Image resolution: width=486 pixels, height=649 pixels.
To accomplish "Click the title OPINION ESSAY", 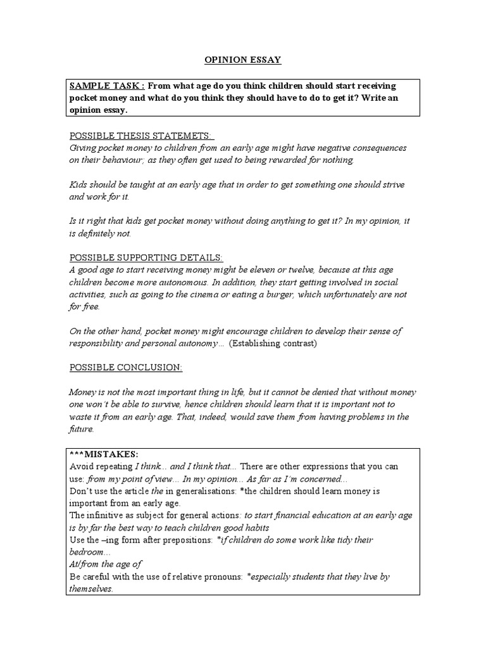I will (242, 60).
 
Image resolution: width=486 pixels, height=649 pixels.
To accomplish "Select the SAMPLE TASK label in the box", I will (107, 86).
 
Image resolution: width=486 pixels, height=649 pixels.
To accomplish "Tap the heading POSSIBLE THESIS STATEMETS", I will (141, 136).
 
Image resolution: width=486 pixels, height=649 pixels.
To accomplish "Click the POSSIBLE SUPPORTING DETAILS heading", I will (146, 257).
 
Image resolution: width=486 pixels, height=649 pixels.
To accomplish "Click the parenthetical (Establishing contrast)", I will (273, 343).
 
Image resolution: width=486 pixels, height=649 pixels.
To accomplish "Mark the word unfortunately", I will (350, 294).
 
